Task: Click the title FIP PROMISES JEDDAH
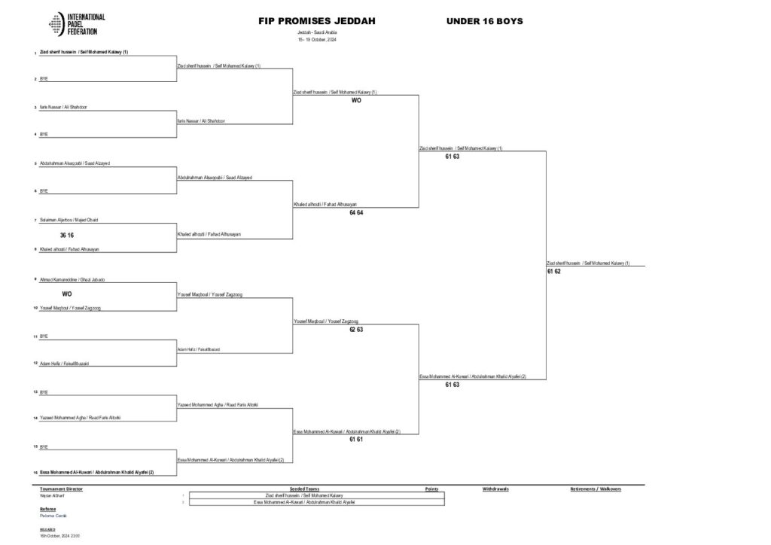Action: tap(317, 21)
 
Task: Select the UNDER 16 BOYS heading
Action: tap(484, 21)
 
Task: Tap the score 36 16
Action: tap(67, 235)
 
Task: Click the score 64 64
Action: tap(356, 213)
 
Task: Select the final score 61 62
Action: tap(554, 271)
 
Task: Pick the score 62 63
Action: tap(356, 330)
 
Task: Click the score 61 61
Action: tap(356, 440)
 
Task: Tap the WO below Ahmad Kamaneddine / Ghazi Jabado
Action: tap(67, 294)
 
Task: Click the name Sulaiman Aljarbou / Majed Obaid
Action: tap(69, 220)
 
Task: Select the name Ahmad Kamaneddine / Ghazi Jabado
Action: tap(72, 279)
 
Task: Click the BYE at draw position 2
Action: tap(44, 78)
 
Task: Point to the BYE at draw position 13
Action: tap(44, 392)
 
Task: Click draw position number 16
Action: tap(35, 473)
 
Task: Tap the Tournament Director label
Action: tap(60, 489)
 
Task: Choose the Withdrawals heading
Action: tap(495, 489)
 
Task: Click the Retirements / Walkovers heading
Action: tap(596, 489)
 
